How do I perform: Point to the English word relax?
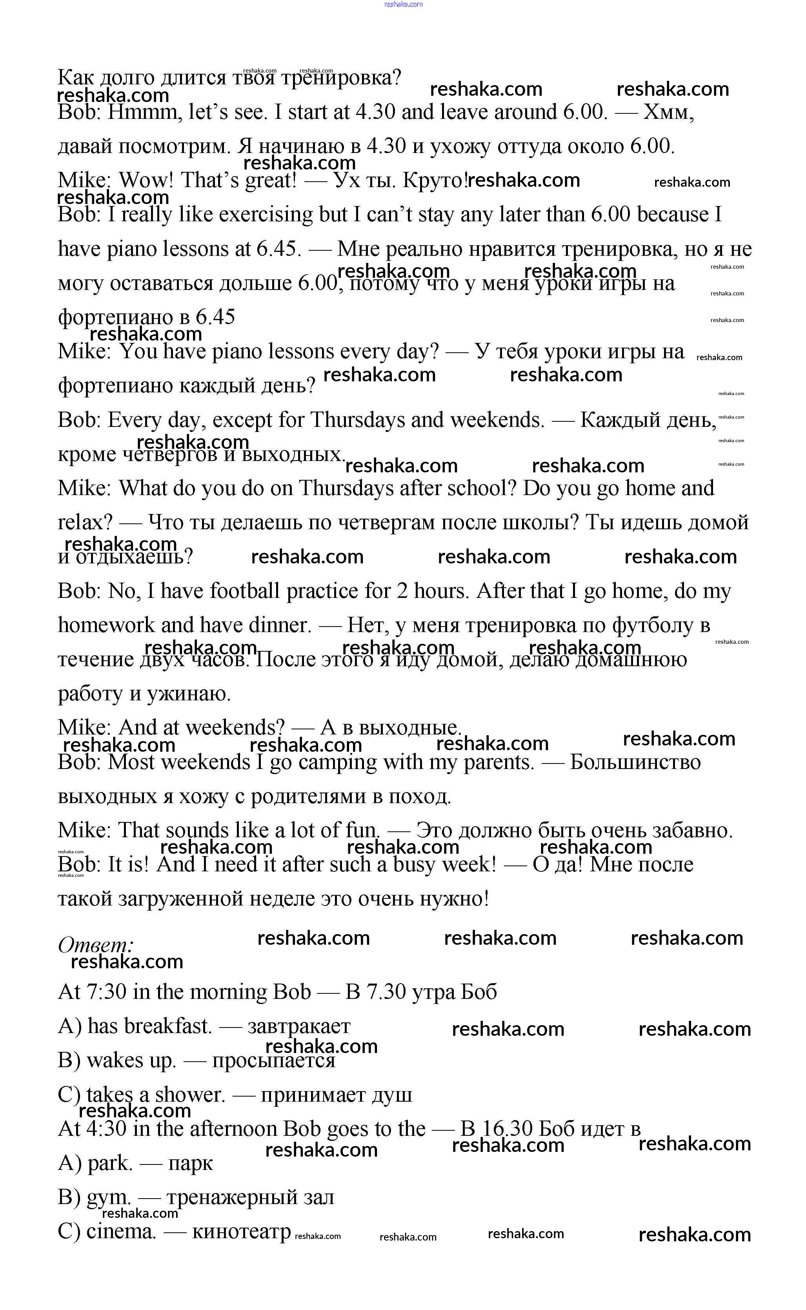pos(85,523)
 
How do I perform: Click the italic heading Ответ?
pos(95,945)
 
